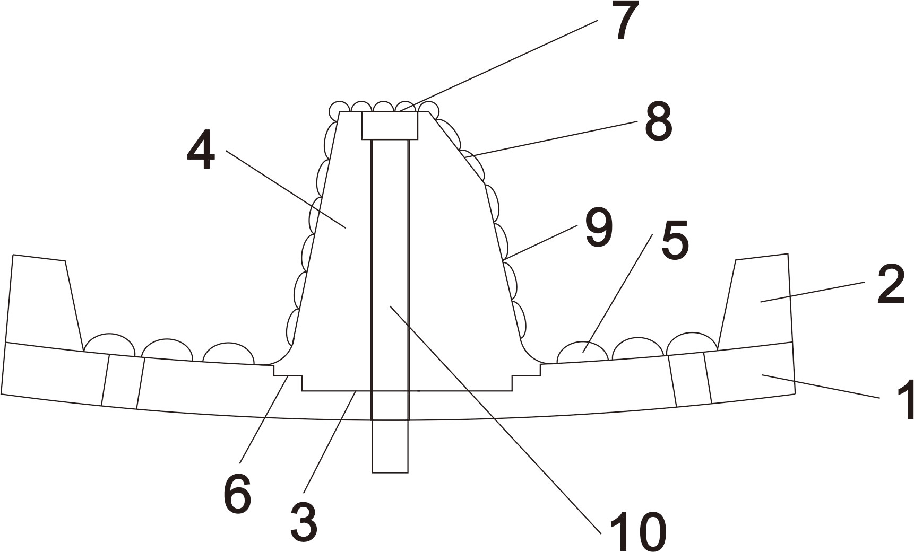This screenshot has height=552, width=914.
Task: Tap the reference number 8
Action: click(659, 122)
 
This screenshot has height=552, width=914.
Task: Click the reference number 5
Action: click(675, 240)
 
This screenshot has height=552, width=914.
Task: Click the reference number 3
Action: click(304, 522)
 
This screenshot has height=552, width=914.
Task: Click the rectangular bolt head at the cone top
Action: click(390, 126)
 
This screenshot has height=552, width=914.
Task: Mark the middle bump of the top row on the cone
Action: click(383, 106)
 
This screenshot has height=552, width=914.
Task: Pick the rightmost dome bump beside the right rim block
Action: click(692, 343)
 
